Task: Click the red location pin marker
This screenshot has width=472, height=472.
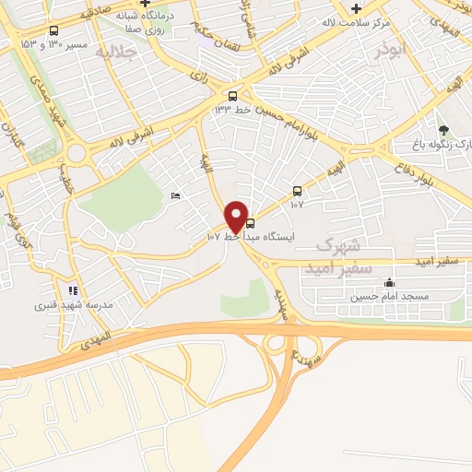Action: (x=237, y=217)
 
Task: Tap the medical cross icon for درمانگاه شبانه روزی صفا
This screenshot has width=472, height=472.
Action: (x=159, y=5)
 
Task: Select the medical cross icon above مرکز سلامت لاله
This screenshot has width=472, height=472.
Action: (x=356, y=7)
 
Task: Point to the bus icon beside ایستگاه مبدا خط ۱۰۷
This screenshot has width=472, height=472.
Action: (x=251, y=223)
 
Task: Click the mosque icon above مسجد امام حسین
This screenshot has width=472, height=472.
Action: (x=389, y=283)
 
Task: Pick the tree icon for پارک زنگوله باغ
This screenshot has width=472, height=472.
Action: (x=443, y=130)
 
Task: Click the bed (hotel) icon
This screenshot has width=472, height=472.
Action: (x=175, y=195)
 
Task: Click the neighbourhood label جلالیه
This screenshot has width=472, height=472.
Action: (x=117, y=52)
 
